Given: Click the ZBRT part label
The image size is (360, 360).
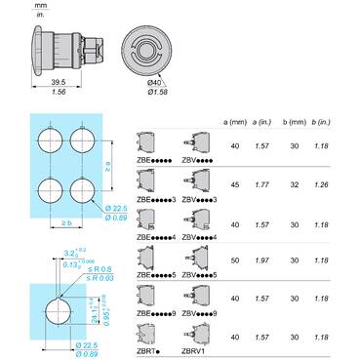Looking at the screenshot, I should coord(147,349).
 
